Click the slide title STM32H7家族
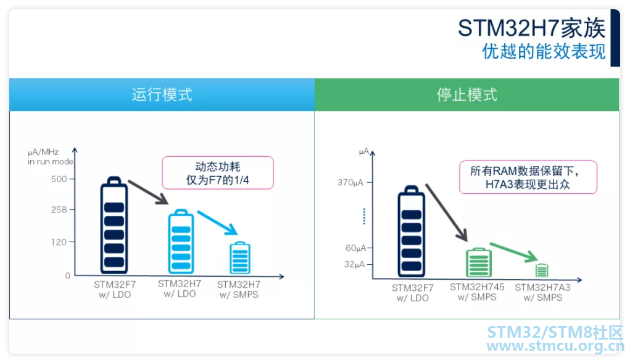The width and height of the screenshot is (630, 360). (x=531, y=28)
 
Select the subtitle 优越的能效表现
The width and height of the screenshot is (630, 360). (x=544, y=51)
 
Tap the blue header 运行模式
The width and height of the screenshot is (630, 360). (x=162, y=95)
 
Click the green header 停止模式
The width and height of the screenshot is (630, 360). (x=467, y=95)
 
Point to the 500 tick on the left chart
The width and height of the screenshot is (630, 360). (x=59, y=179)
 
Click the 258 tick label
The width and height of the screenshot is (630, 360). (x=59, y=209)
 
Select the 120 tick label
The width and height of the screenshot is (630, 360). (x=59, y=242)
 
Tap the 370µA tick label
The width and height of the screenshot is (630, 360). (x=350, y=183)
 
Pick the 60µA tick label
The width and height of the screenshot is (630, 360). (x=356, y=248)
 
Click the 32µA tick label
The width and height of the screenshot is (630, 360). (x=355, y=265)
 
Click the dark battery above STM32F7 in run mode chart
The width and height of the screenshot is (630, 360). (x=114, y=225)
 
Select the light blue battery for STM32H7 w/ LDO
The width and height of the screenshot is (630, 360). (x=181, y=241)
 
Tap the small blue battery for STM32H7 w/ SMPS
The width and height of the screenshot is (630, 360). (x=240, y=258)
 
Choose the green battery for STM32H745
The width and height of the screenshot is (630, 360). (x=479, y=262)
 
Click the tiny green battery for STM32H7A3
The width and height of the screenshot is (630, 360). (x=542, y=270)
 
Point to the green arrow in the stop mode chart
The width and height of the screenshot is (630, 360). (x=513, y=252)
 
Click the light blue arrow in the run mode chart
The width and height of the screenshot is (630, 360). (x=217, y=223)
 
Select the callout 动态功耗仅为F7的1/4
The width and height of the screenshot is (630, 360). (x=218, y=173)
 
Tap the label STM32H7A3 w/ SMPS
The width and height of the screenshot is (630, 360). (x=543, y=293)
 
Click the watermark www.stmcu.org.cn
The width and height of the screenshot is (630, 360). (x=555, y=346)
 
